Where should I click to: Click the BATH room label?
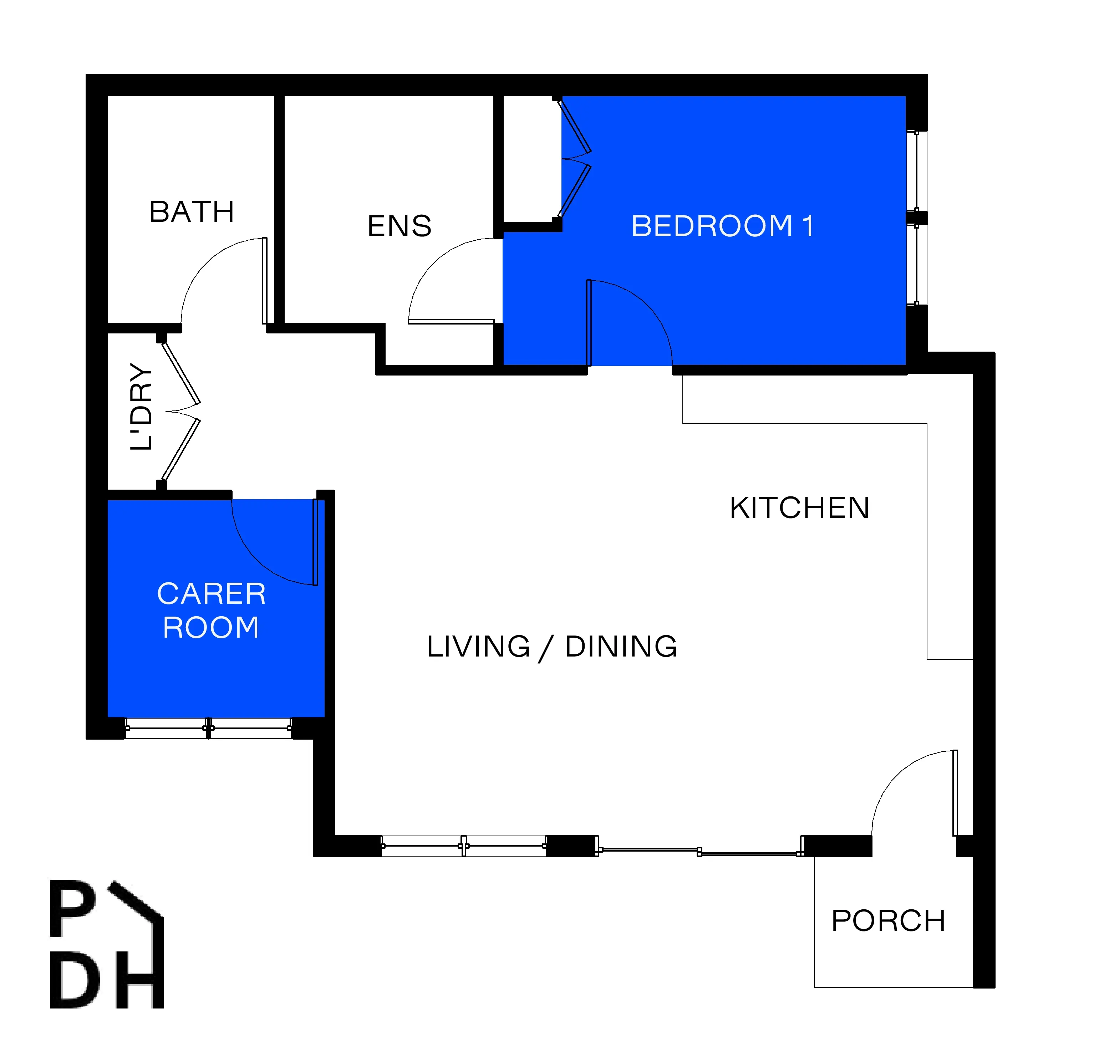coord(192,212)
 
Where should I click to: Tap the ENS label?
coord(400,226)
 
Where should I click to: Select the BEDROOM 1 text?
coord(722,226)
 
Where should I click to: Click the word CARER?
coord(212,594)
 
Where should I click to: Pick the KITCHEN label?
coord(799,508)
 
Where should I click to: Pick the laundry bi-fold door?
coord(182,411)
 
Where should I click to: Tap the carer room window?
coord(208,728)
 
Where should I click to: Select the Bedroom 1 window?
coord(916,218)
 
